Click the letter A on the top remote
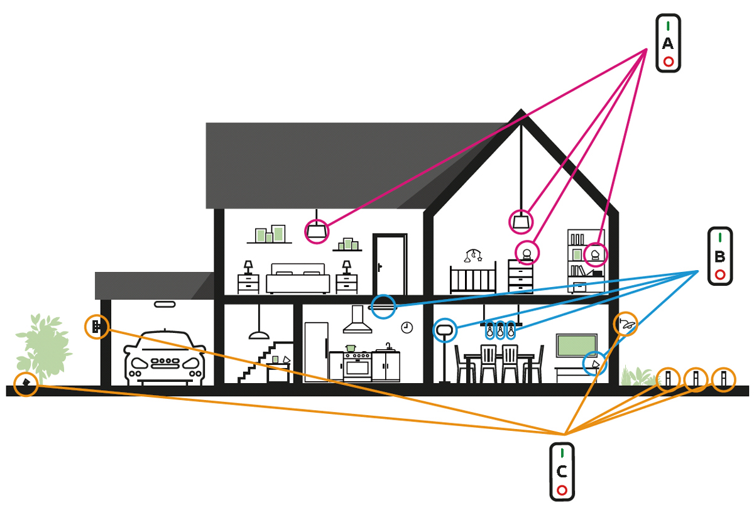(667, 43)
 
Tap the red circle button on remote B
(720, 274)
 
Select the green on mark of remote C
(562, 452)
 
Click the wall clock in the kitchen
(407, 327)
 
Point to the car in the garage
(165, 357)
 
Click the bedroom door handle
(380, 266)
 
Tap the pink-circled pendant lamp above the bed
(316, 232)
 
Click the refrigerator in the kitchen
(316, 352)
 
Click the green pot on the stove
(351, 347)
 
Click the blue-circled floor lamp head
(444, 328)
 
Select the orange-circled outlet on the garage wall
(97, 327)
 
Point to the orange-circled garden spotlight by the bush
(25, 383)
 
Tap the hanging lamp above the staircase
(256, 334)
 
